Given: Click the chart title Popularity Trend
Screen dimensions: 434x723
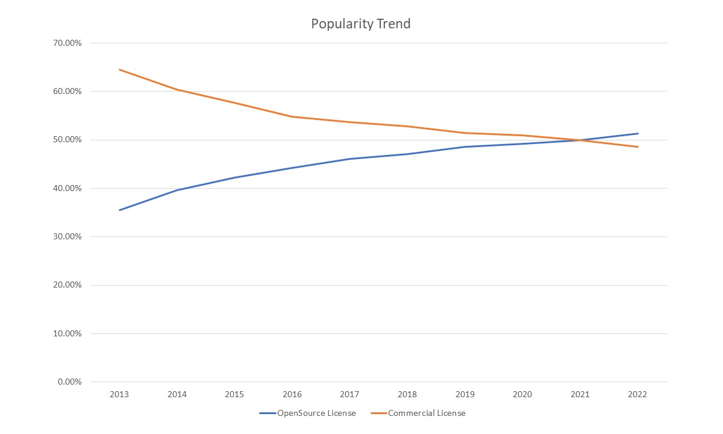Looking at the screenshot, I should point(360,24).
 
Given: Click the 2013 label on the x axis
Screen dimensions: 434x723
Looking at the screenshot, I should point(119,394).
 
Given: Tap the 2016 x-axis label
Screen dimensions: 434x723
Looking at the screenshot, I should point(292,394).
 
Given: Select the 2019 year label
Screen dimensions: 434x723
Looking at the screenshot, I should point(465,394).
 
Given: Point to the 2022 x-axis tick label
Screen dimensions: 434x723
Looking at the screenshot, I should point(637,394).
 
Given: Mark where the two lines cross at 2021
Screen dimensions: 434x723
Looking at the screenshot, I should point(580,140).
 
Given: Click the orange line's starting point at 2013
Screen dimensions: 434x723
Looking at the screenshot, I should point(119,69).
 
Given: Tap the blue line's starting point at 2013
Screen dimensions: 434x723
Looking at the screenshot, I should point(119,210).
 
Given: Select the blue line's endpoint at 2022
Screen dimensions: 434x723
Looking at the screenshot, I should point(637,133).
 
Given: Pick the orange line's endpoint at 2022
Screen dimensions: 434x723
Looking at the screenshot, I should point(637,146).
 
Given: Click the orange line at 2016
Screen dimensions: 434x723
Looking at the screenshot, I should point(292,116).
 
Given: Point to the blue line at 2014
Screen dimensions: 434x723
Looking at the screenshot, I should point(177,190).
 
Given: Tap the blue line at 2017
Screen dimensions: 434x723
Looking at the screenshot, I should point(349,159).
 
